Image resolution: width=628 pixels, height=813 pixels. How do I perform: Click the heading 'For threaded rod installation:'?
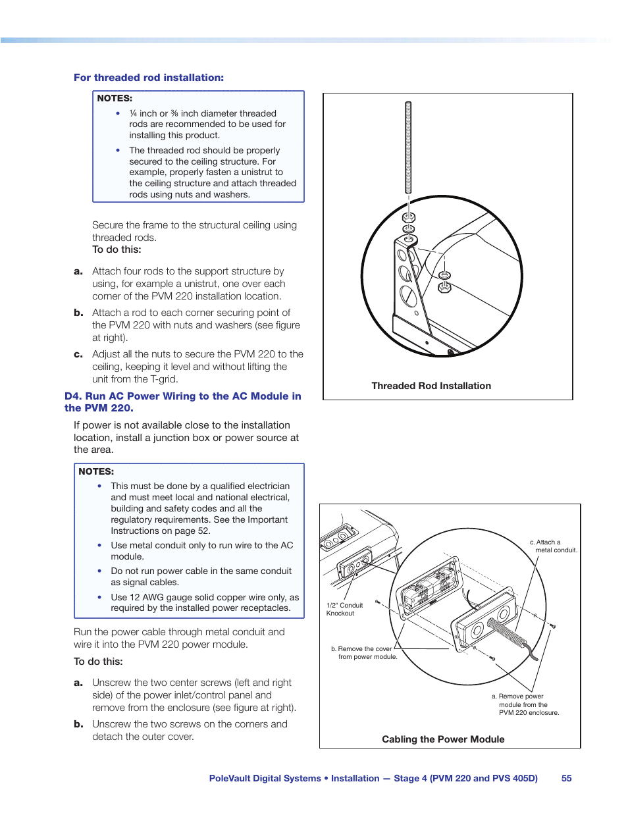[149, 78]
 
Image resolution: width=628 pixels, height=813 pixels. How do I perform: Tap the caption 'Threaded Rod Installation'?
[431, 386]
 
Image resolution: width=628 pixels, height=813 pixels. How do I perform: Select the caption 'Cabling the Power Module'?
[443, 739]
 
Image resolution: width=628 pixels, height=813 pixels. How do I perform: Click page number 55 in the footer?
[566, 778]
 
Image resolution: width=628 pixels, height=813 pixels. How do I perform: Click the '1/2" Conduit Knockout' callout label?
[344, 609]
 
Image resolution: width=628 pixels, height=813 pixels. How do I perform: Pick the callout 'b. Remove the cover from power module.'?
[364, 652]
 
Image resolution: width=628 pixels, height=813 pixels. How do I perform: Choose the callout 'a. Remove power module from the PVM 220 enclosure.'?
[525, 704]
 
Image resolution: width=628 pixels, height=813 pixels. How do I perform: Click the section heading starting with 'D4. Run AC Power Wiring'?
[182, 402]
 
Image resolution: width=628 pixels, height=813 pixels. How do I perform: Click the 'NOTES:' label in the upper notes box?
[115, 98]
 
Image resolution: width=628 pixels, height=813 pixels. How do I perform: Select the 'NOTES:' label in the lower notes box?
[96, 471]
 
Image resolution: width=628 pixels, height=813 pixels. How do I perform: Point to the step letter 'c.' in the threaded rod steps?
[78, 354]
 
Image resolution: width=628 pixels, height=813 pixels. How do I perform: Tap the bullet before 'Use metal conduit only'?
[99, 546]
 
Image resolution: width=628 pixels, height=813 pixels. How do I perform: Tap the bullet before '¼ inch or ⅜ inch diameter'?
[118, 114]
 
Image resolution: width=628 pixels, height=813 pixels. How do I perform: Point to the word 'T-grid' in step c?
[164, 379]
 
